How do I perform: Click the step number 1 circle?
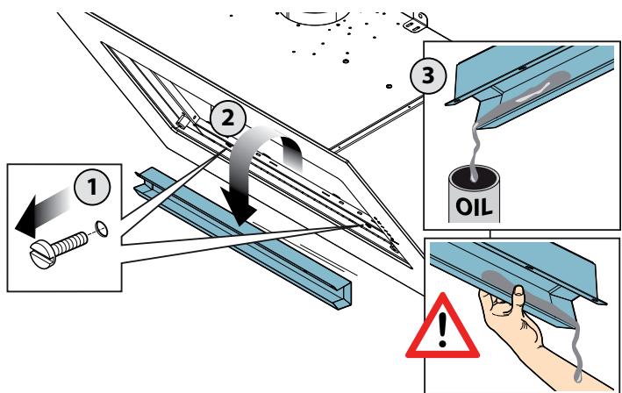point(92,187)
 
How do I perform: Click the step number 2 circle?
point(228,118)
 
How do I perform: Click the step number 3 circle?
point(428,75)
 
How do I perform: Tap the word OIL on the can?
point(474,207)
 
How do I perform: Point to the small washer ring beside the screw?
point(102,230)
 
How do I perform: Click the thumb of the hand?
point(518,297)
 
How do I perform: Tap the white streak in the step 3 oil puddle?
point(533,92)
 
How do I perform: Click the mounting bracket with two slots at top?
point(415,25)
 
